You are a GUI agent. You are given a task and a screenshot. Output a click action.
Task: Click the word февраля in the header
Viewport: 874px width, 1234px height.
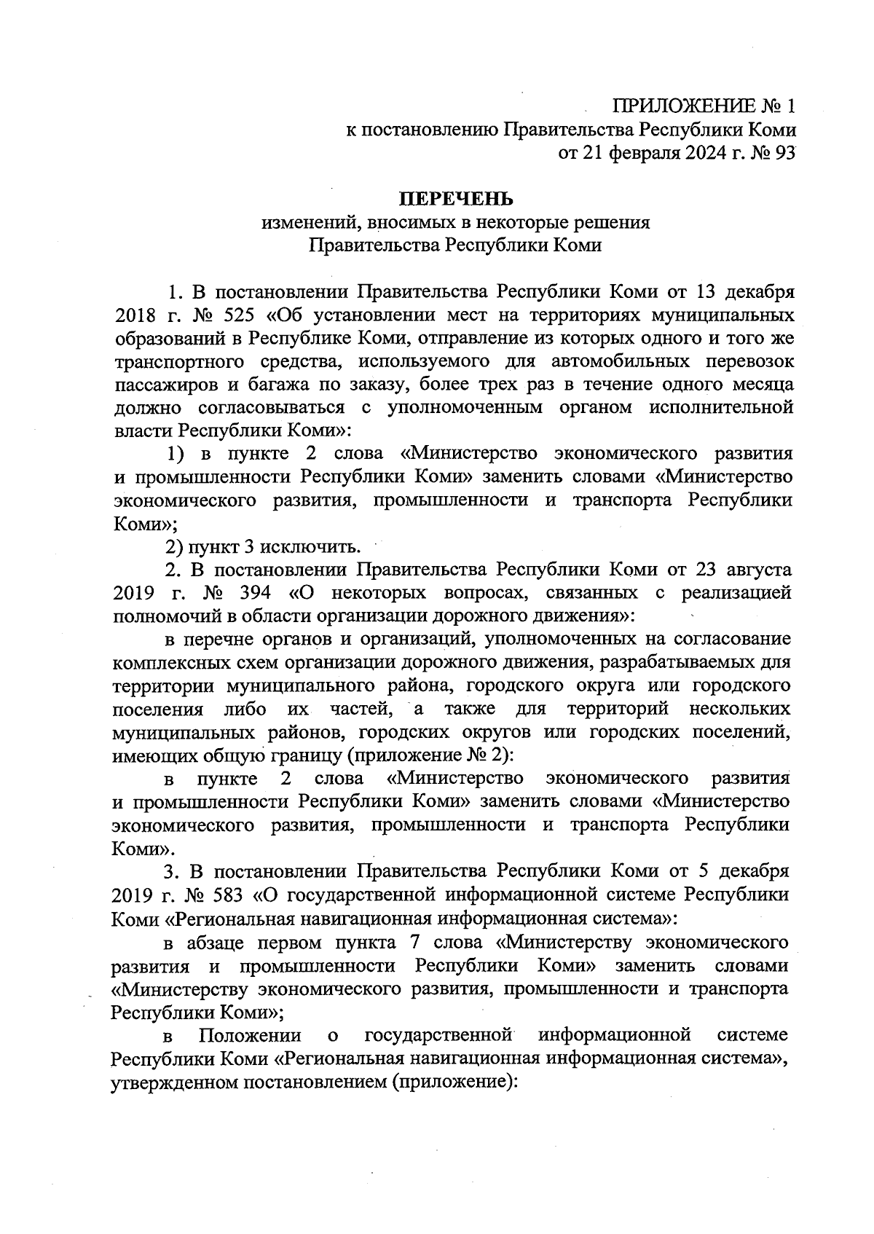click(x=642, y=154)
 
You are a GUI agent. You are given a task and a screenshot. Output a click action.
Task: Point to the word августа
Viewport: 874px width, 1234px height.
click(x=756, y=570)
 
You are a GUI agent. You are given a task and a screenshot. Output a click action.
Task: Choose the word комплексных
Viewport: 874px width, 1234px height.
click(x=160, y=663)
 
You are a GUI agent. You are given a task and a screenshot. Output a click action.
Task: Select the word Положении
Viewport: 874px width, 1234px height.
click(x=250, y=1035)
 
